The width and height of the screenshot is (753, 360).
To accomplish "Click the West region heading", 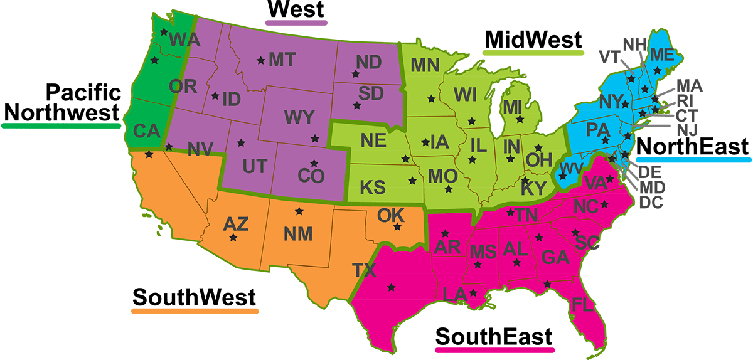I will (296, 9).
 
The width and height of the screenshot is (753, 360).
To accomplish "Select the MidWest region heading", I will (533, 40).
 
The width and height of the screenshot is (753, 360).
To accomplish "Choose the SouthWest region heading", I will (194, 296).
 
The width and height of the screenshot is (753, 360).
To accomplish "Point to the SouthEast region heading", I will (494, 336).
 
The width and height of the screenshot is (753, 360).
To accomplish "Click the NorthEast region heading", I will (693, 146).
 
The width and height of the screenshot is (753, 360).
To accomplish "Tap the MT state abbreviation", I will (282, 60).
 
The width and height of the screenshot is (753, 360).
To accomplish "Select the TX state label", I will (364, 271).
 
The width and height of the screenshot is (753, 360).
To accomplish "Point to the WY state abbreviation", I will (299, 117).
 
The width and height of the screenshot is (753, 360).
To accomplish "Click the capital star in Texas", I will (392, 287).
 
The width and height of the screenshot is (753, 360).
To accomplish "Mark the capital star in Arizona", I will (233, 238).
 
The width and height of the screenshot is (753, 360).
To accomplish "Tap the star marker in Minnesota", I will (430, 98).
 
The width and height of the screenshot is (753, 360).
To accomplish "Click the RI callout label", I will (685, 100).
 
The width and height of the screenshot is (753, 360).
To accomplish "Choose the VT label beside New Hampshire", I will (609, 57).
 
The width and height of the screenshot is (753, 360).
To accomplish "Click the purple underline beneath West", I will (296, 23).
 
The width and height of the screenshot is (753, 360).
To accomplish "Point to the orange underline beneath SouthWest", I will (195, 310).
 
